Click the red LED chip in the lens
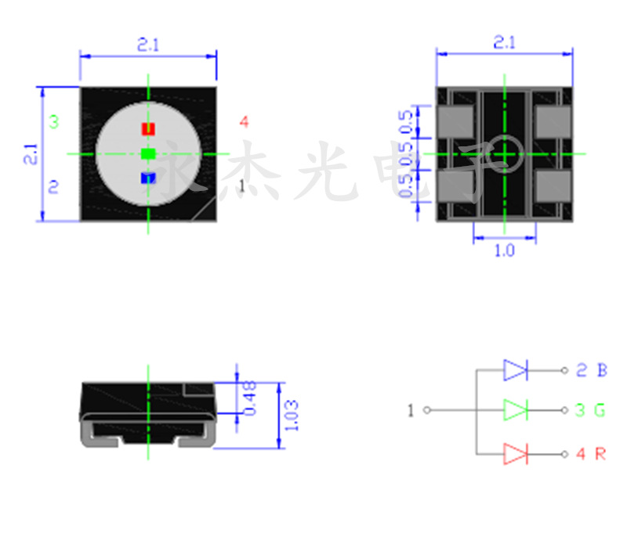point(148,128)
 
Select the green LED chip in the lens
point(148,153)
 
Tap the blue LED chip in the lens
point(148,178)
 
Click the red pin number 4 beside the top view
point(245,122)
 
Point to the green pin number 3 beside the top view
point(53,122)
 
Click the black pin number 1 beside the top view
point(242,185)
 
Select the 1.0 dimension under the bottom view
point(505,251)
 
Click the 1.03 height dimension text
point(292,415)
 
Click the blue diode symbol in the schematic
point(516,370)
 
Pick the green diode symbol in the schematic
point(516,409)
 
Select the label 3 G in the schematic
point(592,410)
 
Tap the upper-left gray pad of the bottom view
point(457,121)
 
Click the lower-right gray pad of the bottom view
point(553,187)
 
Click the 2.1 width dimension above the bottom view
point(504,43)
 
